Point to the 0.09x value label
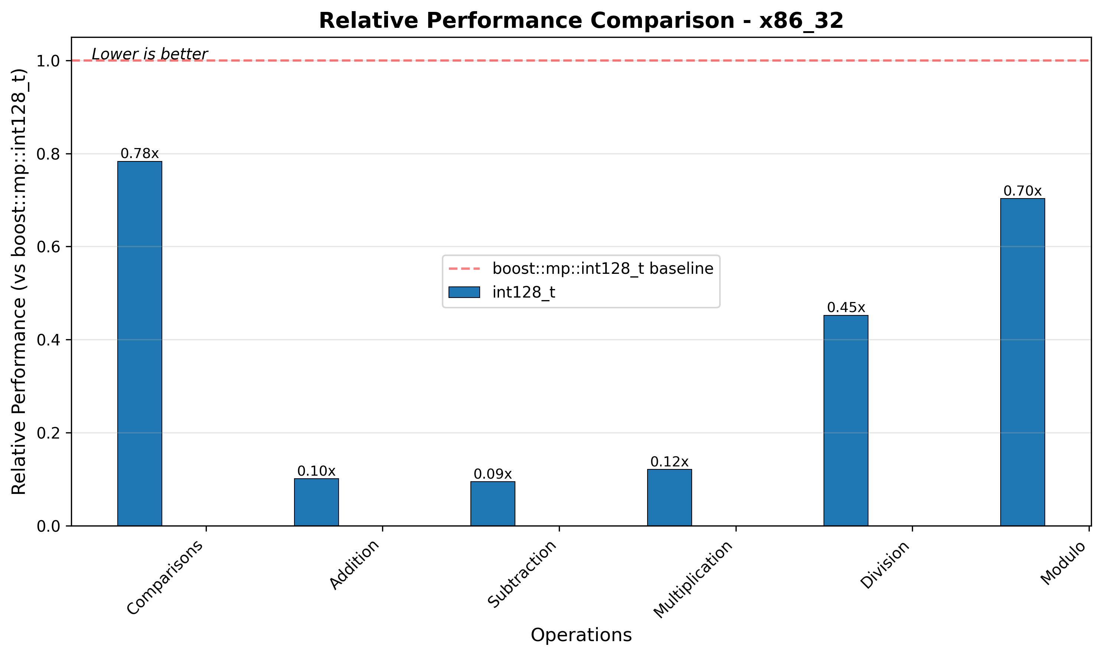point(493,474)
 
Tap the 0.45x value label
point(846,308)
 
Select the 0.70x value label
point(1023,191)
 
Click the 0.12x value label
point(669,462)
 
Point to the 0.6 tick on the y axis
point(48,247)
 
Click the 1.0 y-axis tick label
point(48,61)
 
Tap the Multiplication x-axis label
point(694,579)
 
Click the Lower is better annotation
point(150,55)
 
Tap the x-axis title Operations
point(581,635)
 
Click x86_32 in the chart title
point(801,21)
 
